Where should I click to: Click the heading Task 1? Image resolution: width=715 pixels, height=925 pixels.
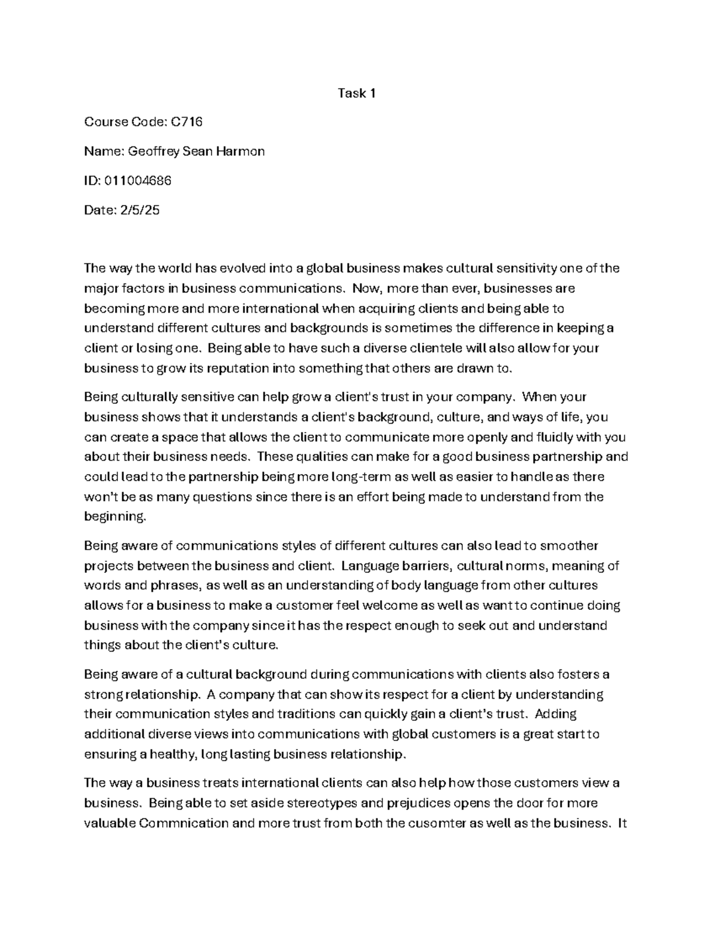356,93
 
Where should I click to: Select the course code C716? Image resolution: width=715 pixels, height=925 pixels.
186,122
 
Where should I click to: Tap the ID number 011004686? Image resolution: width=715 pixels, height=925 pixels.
138,180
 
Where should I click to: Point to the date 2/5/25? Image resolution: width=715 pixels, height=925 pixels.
139,210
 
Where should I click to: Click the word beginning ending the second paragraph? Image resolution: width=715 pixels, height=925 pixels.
114,517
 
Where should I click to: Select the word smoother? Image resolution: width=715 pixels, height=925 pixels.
570,546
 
